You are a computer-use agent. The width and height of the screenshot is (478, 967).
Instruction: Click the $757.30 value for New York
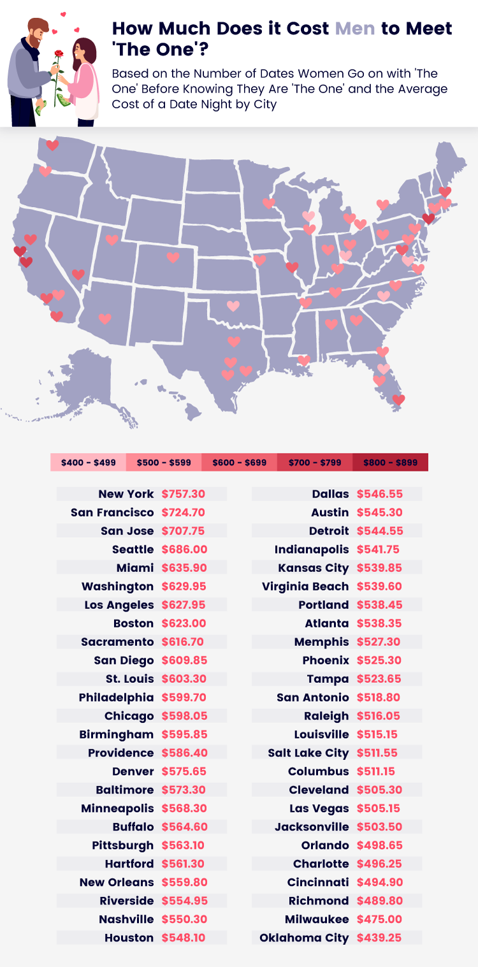point(184,494)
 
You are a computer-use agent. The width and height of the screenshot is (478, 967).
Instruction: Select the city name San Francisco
point(112,512)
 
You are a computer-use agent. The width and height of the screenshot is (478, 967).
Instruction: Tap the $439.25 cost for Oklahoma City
point(379,938)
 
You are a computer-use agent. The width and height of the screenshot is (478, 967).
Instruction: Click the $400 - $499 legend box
point(88,462)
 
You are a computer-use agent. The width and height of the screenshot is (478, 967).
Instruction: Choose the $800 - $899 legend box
point(390,462)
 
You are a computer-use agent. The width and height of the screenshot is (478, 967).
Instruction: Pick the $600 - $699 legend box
point(239,462)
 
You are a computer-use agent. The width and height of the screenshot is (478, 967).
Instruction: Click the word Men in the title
point(354,29)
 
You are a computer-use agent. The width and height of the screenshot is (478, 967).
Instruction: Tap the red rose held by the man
point(59,54)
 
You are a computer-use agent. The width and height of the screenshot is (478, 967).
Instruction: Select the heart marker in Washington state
point(52,145)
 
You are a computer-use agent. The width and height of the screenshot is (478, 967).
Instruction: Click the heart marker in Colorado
point(173,257)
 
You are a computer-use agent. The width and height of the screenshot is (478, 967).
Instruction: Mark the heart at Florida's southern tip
point(398,399)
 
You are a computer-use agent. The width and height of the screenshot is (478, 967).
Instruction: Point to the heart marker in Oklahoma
point(233,306)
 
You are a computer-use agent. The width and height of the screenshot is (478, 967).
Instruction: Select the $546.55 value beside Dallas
point(379,494)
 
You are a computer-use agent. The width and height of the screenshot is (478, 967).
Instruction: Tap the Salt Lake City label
point(308,753)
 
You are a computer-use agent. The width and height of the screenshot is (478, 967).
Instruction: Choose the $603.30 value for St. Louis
point(184,678)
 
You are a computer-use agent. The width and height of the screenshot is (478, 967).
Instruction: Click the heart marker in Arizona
point(105,319)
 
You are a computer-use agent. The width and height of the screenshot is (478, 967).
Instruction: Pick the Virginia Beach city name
point(305,586)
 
